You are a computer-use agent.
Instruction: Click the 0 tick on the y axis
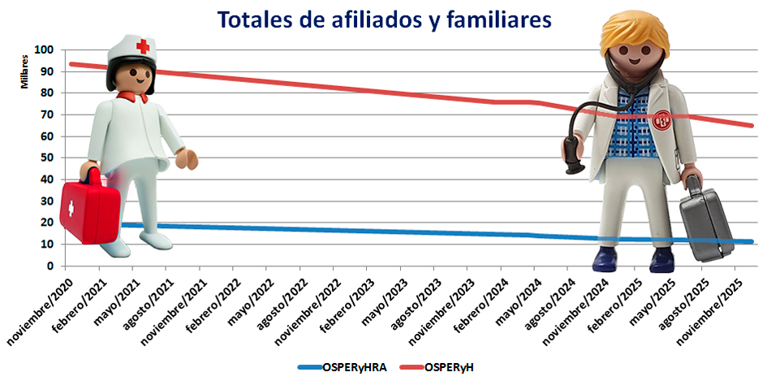pyautogui.click(x=50, y=266)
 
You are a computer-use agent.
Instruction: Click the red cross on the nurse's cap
pyautogui.click(x=143, y=46)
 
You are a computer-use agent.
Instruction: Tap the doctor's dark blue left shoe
pyautogui.click(x=605, y=259)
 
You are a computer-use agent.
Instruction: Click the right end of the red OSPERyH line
pyautogui.click(x=752, y=125)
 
